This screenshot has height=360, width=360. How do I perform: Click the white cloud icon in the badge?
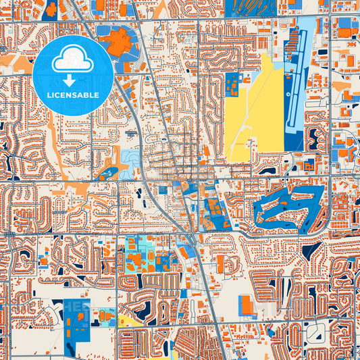click(72, 59)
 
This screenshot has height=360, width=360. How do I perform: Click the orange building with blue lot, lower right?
click(247, 305)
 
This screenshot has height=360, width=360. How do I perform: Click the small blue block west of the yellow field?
click(234, 84)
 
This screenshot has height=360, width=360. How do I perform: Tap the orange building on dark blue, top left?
click(51, 8)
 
